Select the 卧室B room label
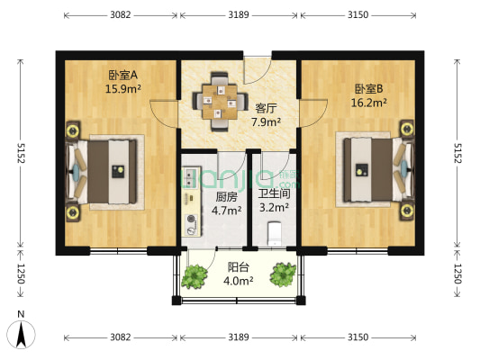coord(370,89)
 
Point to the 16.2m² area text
coord(370,103)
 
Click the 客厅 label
coord(266,107)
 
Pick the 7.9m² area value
coord(266,121)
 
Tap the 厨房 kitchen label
coord(227,197)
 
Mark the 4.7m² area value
coord(227,211)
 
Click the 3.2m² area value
coord(273,207)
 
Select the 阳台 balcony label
coord(239,266)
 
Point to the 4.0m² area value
coord(239,280)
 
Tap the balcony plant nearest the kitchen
coord(193,275)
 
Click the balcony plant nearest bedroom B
coord(283,274)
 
